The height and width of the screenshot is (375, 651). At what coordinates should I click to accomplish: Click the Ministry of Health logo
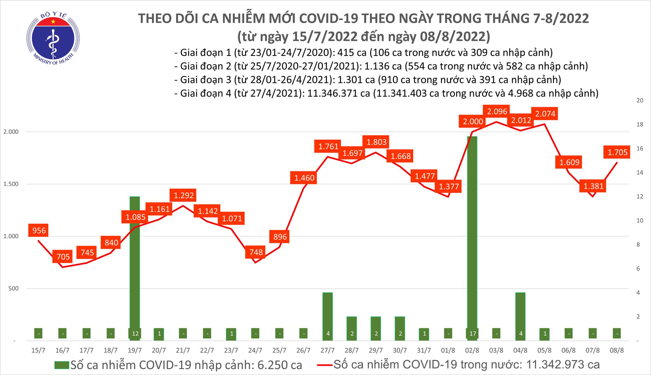click(53, 37)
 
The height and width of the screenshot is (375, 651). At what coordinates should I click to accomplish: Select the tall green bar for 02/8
click(472, 235)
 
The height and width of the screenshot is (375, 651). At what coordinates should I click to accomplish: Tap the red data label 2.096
click(497, 112)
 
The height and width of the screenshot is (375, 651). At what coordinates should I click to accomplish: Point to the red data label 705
click(63, 256)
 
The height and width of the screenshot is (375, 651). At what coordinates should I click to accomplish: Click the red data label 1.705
click(617, 153)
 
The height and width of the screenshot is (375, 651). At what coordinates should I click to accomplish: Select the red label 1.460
click(304, 178)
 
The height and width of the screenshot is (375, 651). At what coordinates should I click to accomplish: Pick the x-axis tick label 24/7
click(255, 351)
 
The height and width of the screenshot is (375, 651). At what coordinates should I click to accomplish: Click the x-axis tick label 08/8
click(617, 351)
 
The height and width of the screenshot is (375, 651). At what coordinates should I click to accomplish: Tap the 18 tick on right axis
click(632, 125)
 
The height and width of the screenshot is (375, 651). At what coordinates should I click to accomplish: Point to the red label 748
click(256, 252)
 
